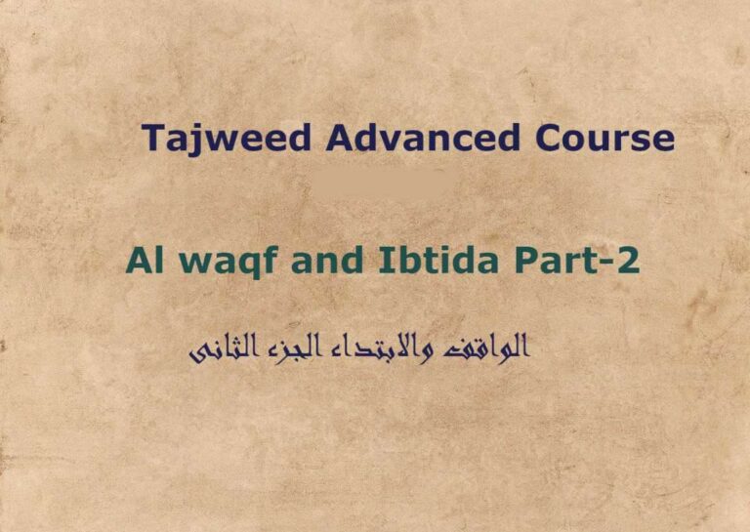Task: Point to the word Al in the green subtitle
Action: click(x=141, y=261)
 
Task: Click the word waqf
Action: click(x=212, y=263)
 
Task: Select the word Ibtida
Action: click(x=397, y=261)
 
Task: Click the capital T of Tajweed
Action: click(x=154, y=138)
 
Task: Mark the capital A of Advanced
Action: click(x=341, y=138)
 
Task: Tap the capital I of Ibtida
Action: click(x=351, y=261)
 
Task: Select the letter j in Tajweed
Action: click(x=192, y=141)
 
